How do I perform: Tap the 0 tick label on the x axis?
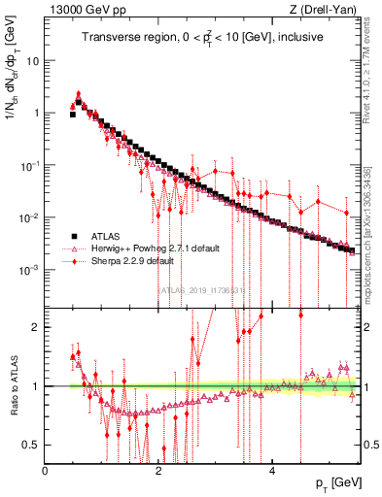(x=46, y=470)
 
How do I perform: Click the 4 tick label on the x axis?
(x=272, y=470)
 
